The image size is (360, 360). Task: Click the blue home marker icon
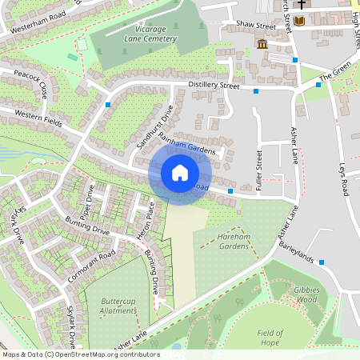pos(180,173)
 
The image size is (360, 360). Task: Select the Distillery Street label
pos(214,85)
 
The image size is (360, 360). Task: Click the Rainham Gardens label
pos(193,147)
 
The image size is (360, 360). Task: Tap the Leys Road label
pos(346,179)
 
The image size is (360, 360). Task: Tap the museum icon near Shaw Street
pos(262,42)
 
